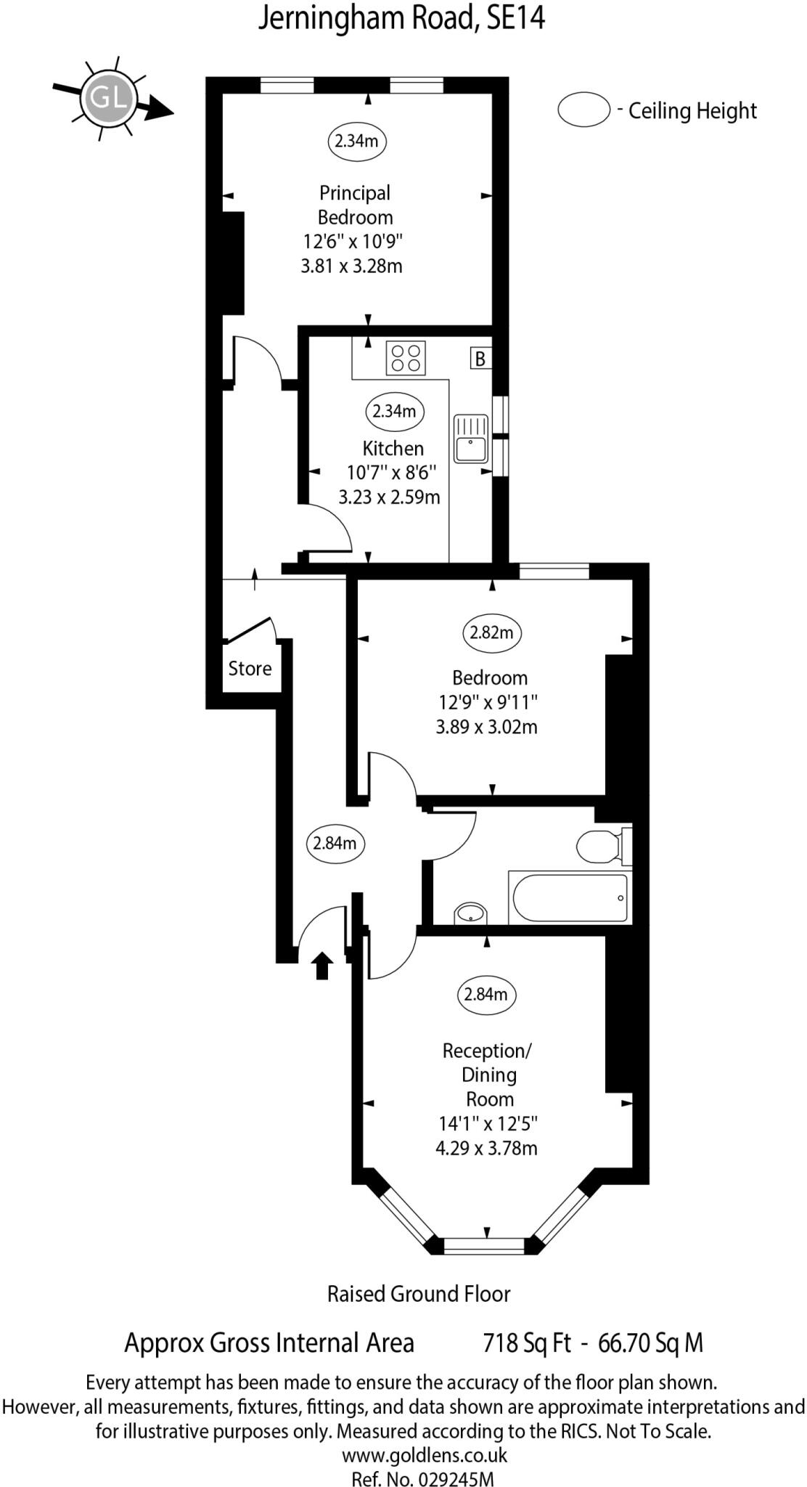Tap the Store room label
point(250,669)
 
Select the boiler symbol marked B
point(480,359)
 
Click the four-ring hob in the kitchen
point(405,358)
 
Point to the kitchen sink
point(471,439)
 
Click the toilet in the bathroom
point(601,846)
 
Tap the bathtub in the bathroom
point(569,898)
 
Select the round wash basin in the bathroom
point(470,913)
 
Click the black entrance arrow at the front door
point(322,966)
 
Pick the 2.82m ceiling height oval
point(491,632)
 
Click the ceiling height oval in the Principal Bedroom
point(356,140)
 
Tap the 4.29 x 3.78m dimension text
point(486,1149)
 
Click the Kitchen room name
point(393,448)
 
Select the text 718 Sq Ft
point(527,1343)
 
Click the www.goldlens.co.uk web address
point(424,1455)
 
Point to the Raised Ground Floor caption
point(419,1294)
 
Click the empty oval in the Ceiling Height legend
point(583,110)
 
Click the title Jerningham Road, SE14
point(401,18)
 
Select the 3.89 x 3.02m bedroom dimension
point(486,727)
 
